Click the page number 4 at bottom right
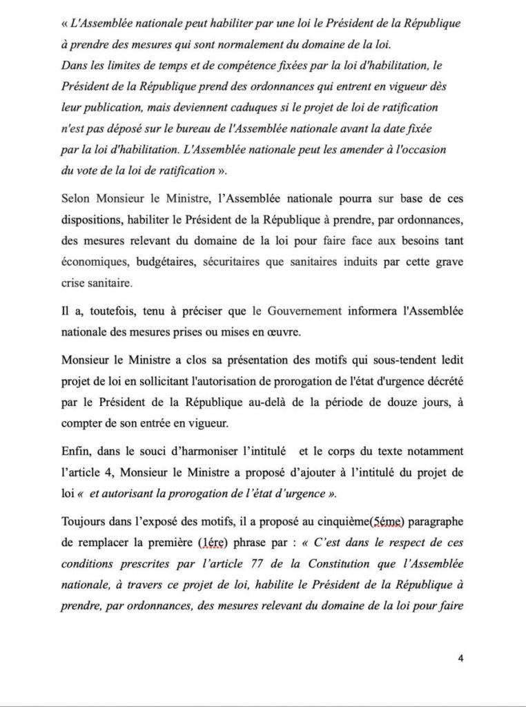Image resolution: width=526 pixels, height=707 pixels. [460, 657]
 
